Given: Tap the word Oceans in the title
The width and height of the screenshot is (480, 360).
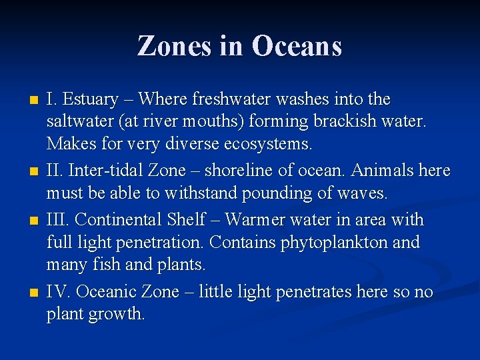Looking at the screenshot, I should pos(297,46).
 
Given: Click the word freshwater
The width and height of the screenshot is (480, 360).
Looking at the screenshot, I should pos(231,99).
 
